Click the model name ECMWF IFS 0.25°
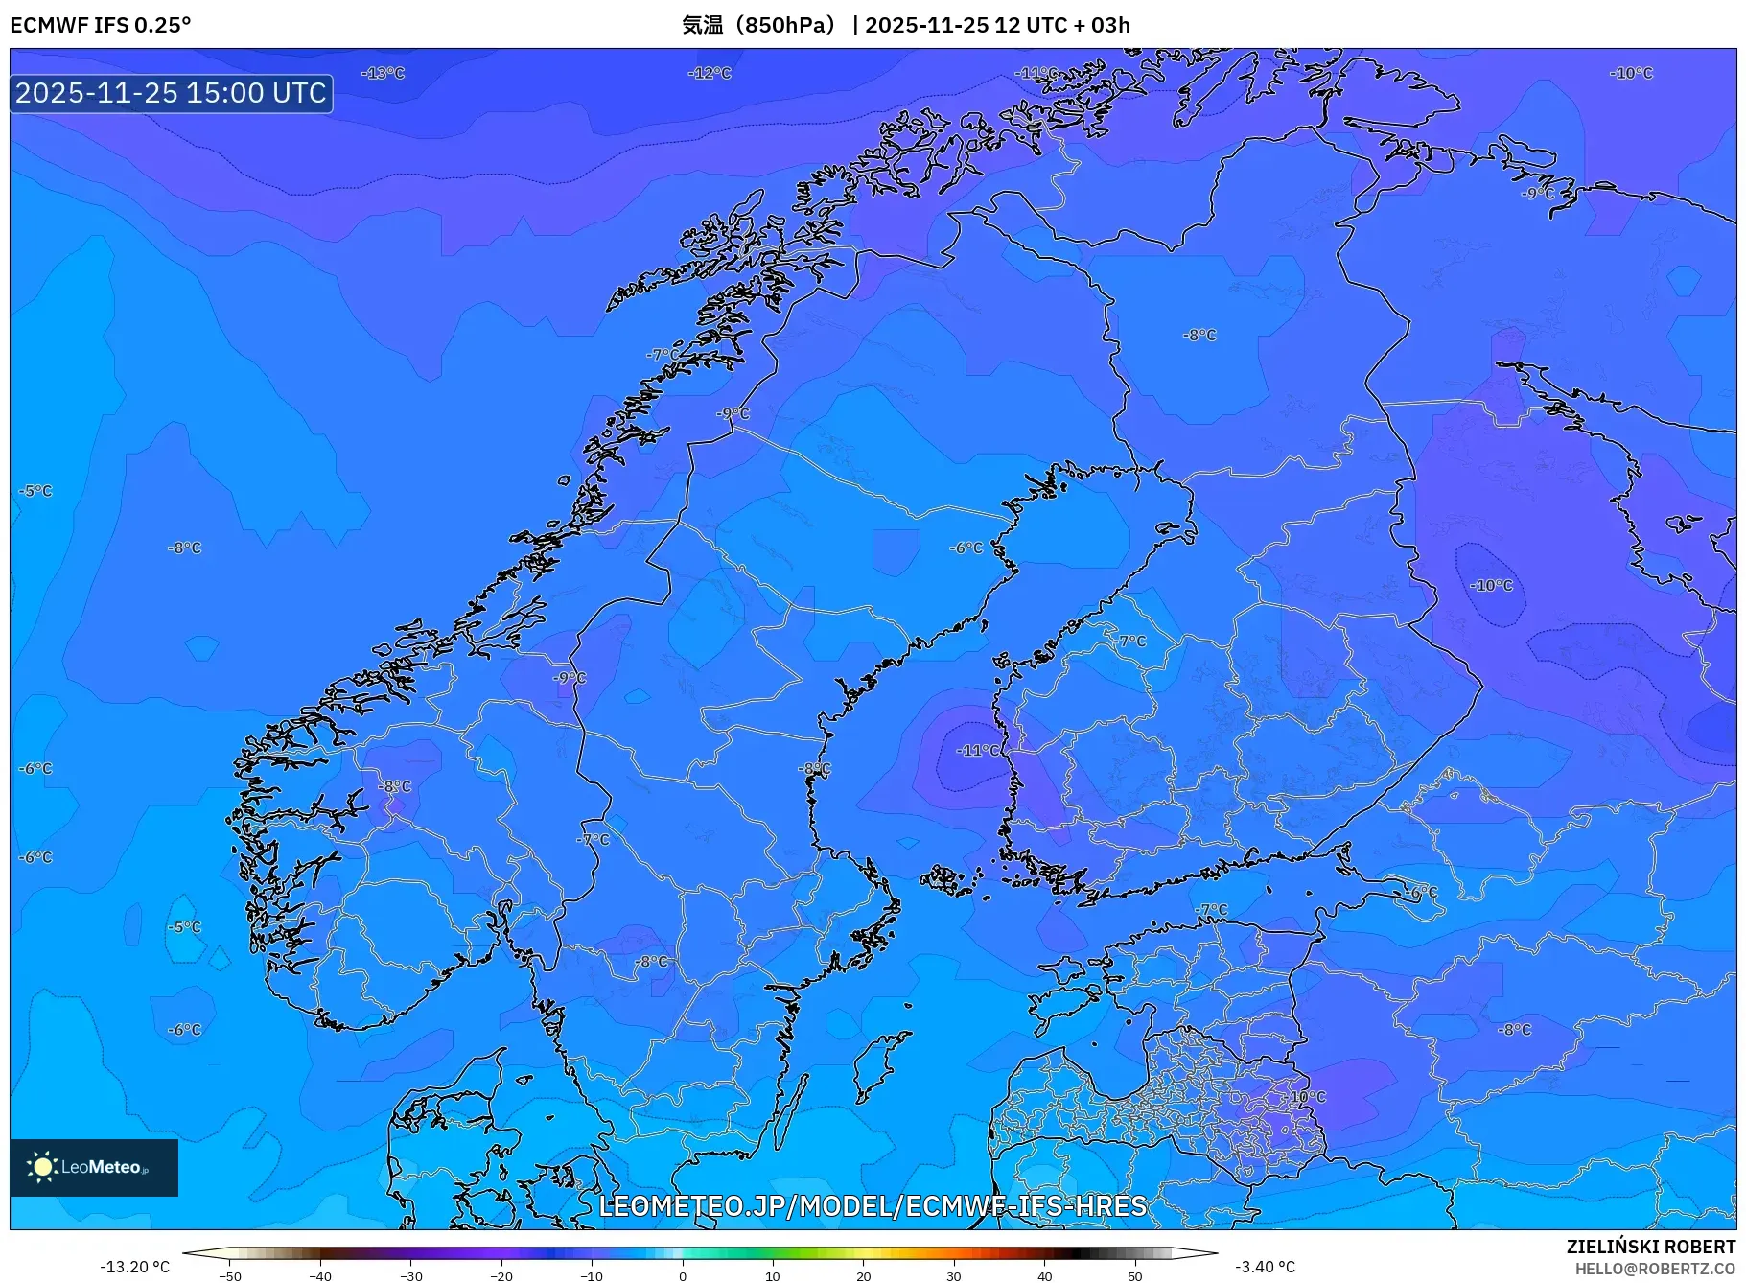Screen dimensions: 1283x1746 click(100, 25)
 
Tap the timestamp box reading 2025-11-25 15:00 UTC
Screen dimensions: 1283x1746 click(172, 93)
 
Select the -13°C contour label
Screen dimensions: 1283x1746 click(384, 73)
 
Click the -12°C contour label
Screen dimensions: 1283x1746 click(710, 73)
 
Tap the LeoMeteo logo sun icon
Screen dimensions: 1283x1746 click(42, 1166)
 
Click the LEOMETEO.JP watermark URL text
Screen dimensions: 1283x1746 click(872, 1205)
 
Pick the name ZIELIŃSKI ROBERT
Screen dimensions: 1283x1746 click(1650, 1247)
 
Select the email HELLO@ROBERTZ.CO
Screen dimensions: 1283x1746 click(1654, 1269)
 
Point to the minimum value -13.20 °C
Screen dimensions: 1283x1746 click(134, 1267)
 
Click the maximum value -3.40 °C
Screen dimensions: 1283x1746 click(1265, 1267)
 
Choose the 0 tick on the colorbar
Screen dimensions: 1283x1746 click(683, 1276)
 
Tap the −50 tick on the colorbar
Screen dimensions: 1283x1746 click(230, 1276)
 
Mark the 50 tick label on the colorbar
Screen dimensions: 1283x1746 click(1134, 1276)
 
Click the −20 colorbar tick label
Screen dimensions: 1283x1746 click(501, 1276)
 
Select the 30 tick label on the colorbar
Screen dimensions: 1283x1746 click(954, 1276)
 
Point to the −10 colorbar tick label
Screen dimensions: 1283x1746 click(592, 1276)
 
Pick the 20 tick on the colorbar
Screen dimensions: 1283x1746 click(863, 1276)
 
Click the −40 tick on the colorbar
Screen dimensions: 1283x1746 click(320, 1276)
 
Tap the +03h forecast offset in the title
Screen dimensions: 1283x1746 click(1109, 25)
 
